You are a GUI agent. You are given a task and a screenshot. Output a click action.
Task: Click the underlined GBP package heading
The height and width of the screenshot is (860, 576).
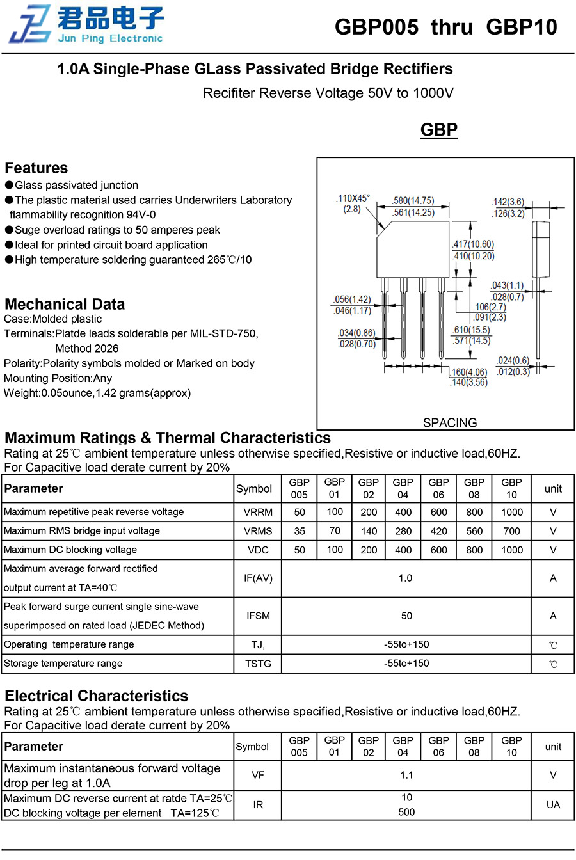(439, 130)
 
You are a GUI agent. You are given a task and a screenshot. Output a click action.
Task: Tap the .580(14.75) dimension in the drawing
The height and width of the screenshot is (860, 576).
(413, 201)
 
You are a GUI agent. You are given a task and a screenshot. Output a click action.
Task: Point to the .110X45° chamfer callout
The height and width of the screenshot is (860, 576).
(353, 198)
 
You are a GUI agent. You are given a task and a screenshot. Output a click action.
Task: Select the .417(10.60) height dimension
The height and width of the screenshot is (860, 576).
(474, 244)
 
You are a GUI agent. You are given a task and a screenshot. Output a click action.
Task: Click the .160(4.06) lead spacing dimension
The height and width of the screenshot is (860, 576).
(468, 372)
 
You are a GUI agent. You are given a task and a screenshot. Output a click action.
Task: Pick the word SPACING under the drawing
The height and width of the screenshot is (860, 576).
(450, 423)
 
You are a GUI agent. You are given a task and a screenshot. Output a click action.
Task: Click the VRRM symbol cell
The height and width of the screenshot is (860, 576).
(258, 513)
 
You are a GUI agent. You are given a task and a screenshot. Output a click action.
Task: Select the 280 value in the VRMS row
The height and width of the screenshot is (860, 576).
(403, 531)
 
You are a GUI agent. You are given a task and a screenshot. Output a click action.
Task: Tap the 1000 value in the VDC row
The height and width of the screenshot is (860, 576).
(511, 550)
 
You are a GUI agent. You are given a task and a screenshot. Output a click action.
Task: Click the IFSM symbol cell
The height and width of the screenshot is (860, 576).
(258, 616)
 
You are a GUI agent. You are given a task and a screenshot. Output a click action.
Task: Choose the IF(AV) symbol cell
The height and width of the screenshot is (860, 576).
(258, 578)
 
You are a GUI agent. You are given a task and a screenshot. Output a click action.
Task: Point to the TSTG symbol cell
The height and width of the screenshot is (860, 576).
(258, 664)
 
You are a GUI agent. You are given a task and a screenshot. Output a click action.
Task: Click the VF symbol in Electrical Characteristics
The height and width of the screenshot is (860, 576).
(258, 776)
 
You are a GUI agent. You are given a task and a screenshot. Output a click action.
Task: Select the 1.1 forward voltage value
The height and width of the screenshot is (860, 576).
(406, 776)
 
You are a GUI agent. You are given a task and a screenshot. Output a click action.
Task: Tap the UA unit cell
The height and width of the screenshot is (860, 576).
(553, 805)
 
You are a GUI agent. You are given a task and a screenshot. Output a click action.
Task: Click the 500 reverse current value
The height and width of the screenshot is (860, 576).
(406, 813)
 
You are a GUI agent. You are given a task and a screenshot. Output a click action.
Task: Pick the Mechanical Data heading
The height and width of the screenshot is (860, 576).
(65, 305)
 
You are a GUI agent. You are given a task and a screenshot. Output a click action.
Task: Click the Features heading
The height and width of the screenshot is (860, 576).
(36, 168)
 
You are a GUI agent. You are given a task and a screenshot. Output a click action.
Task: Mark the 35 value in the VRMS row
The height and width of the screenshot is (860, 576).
(300, 531)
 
